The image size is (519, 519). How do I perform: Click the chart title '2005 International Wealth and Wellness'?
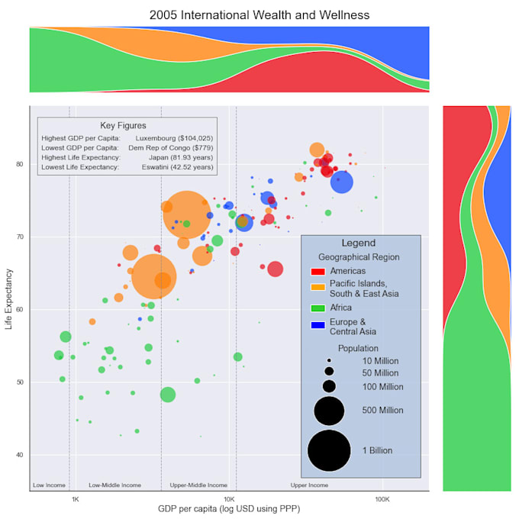[259, 15]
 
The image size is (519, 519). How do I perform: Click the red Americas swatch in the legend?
[318, 271]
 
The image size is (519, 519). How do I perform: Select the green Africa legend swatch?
[318, 308]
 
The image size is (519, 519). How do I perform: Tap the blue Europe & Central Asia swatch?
[318, 327]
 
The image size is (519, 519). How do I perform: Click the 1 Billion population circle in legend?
[329, 450]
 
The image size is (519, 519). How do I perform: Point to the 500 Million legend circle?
[329, 410]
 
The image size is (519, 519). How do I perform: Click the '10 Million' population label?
[380, 360]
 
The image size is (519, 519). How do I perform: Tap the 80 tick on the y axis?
[19, 164]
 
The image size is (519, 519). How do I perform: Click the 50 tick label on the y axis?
[19, 382]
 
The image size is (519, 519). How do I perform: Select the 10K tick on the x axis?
[228, 499]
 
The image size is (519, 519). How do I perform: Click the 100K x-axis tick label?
[382, 499]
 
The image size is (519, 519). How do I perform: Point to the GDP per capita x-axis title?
[228, 509]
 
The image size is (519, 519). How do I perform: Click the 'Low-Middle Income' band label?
[114, 485]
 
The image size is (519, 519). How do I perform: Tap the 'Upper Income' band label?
[309, 485]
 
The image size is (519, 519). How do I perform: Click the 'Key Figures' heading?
[123, 125]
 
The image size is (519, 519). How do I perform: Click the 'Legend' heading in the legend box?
[358, 243]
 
